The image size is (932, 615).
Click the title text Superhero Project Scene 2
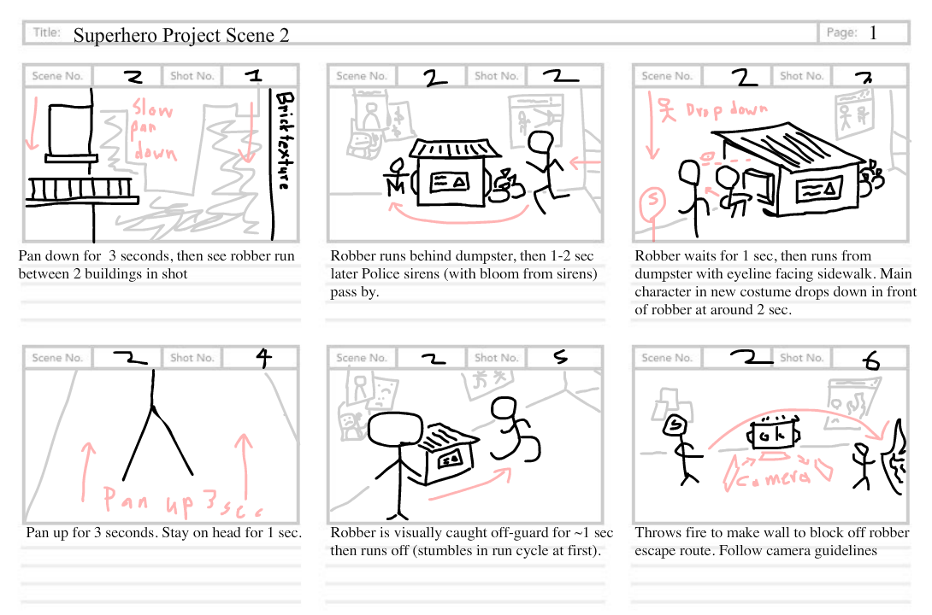pyautogui.click(x=180, y=35)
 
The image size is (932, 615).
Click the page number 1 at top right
pyautogui.click(x=873, y=33)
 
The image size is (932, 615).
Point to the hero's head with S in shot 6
pyautogui.click(x=675, y=424)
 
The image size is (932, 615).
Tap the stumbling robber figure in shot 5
pyautogui.click(x=512, y=432)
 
